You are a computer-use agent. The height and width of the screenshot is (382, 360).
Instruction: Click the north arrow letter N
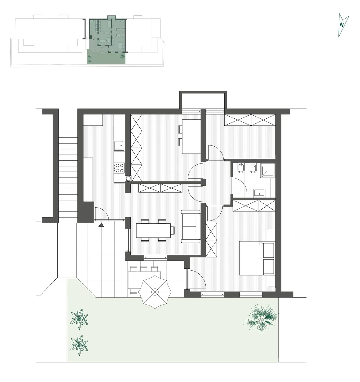[x=342, y=25]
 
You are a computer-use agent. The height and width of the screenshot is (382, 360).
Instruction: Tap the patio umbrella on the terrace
[x=155, y=292]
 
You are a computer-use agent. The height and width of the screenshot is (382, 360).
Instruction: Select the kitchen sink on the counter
[x=119, y=146]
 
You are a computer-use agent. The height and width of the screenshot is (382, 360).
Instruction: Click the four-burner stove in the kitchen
[x=119, y=168]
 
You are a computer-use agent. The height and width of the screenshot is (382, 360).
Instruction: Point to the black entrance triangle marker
[x=101, y=225]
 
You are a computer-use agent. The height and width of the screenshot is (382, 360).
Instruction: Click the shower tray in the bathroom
[x=268, y=170]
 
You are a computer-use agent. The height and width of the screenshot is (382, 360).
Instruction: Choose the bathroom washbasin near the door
[x=259, y=193]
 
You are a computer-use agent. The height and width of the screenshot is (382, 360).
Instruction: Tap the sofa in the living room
[x=191, y=226]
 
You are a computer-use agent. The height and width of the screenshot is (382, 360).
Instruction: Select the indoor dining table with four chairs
[x=155, y=230]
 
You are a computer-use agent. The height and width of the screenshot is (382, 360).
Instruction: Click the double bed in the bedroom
[x=257, y=258]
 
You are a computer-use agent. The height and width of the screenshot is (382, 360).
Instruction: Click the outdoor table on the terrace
[x=144, y=280]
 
